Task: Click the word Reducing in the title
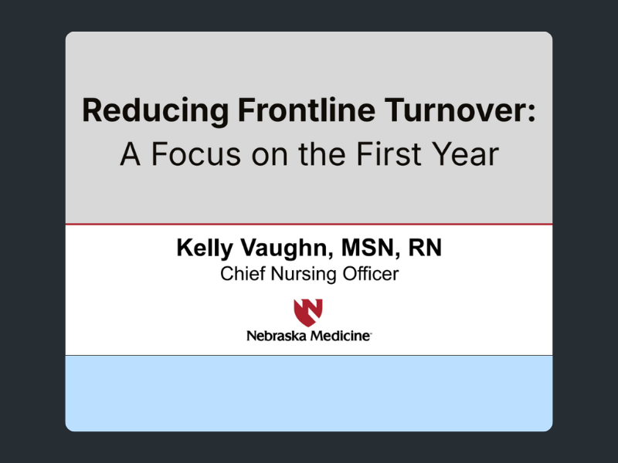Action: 155,111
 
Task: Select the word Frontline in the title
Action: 307,110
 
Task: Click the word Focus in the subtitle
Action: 196,154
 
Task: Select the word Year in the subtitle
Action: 466,154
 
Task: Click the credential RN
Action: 425,247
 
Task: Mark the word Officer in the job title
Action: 371,274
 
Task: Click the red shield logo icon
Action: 308,313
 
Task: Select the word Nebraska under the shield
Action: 277,336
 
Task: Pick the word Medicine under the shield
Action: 340,336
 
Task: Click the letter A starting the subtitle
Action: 131,154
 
